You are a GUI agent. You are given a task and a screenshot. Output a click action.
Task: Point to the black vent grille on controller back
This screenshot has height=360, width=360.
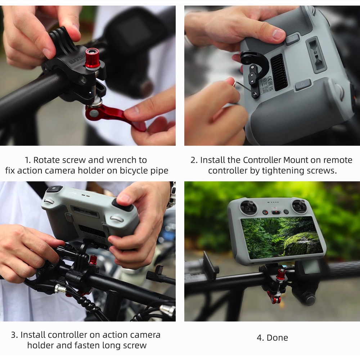279,72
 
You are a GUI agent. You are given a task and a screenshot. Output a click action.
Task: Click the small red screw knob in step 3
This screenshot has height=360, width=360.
93,260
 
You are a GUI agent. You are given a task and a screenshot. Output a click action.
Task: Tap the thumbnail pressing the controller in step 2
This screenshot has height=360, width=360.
278,35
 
